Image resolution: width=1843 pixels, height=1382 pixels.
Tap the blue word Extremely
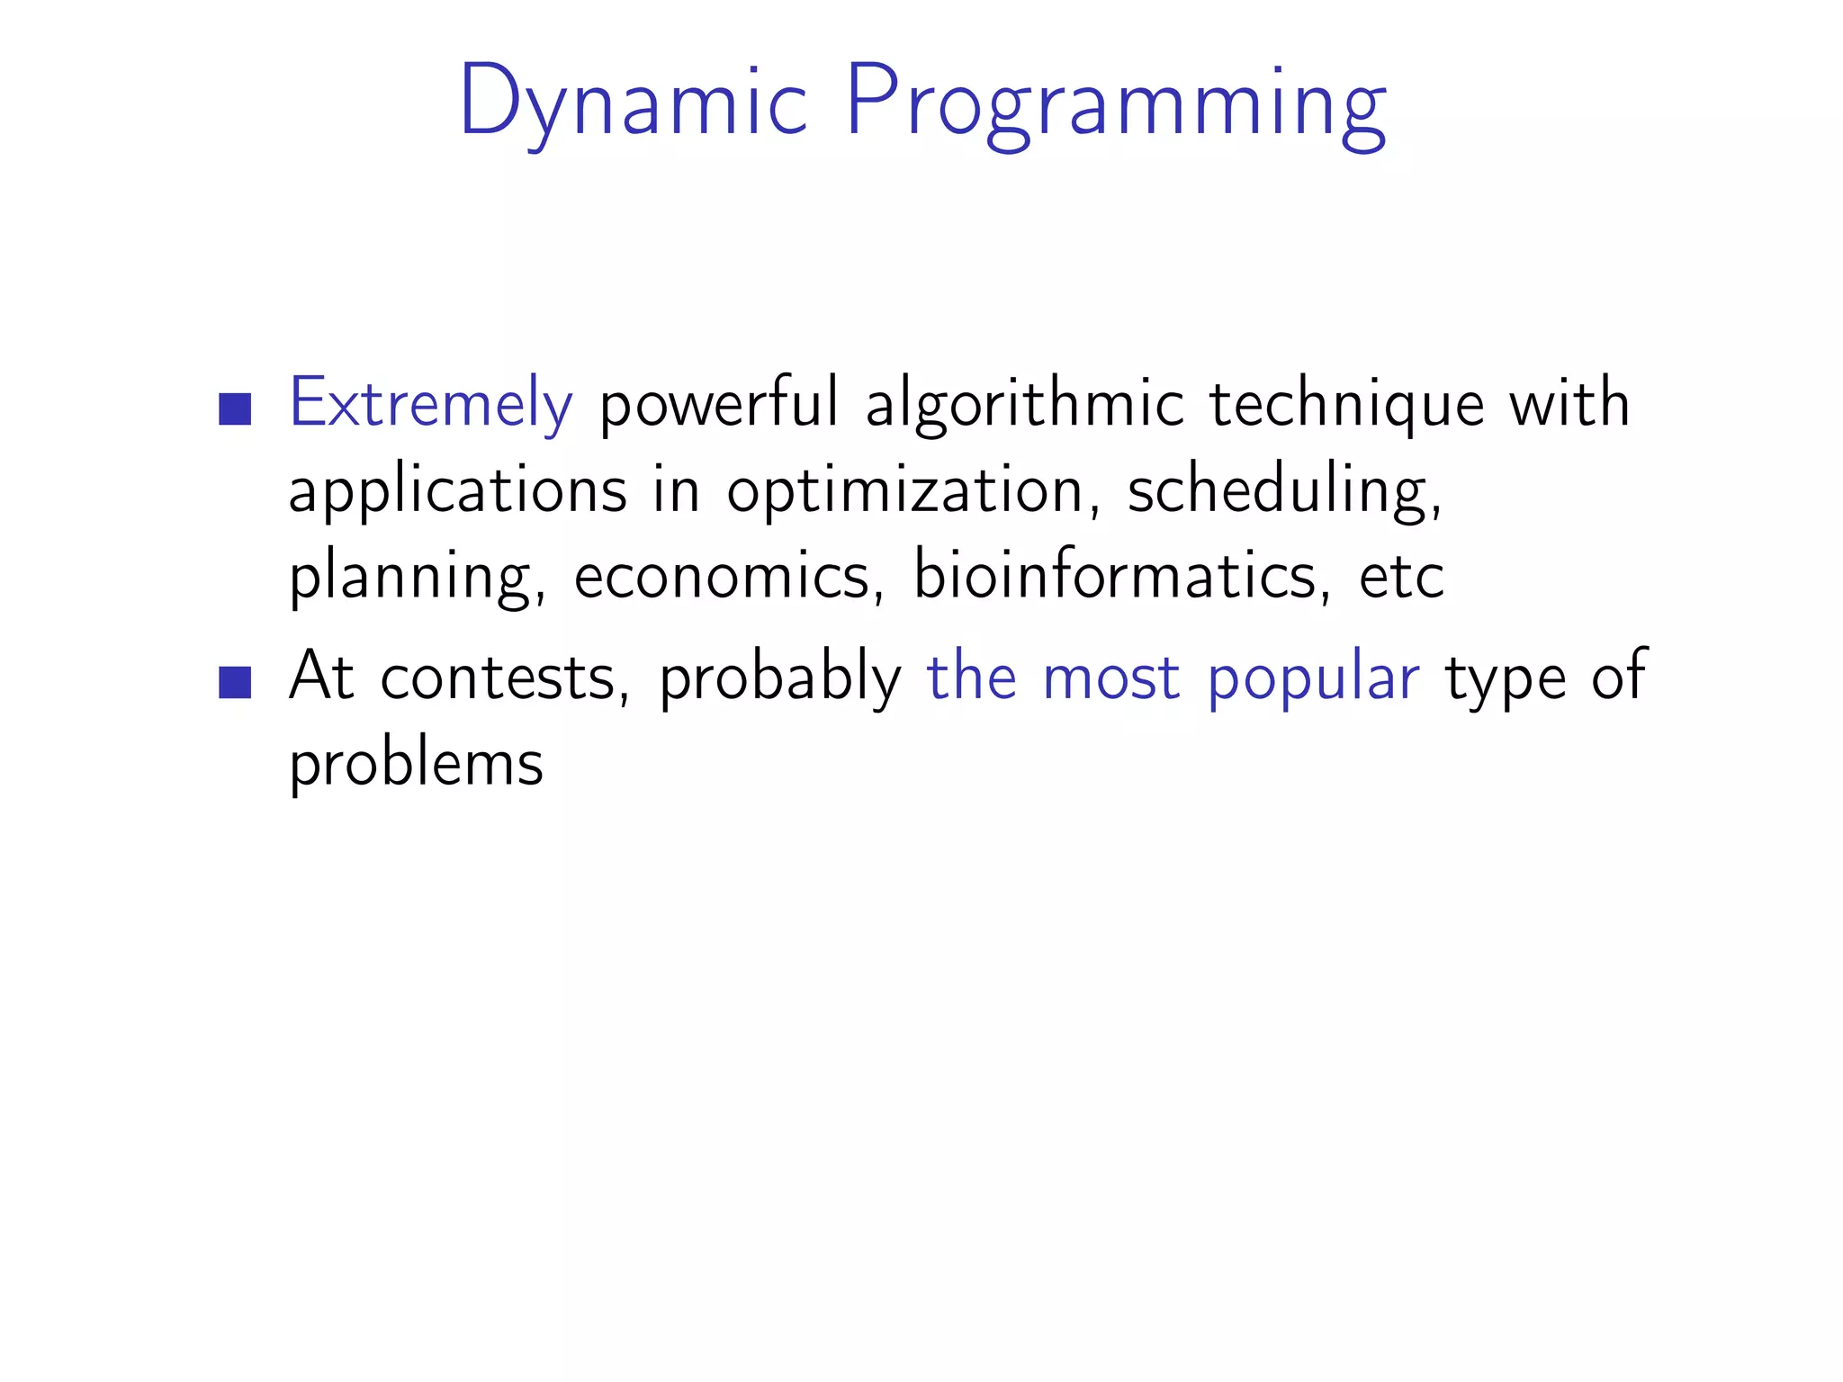tap(430, 404)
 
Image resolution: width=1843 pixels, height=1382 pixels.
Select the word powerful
tap(718, 404)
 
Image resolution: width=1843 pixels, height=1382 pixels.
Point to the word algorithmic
tap(1024, 404)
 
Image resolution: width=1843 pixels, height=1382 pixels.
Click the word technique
tap(1345, 404)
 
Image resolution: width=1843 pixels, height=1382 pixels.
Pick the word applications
tap(457, 491)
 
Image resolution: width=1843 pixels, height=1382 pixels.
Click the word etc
tap(1401, 577)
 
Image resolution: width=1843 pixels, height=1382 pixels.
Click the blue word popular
tap(1313, 678)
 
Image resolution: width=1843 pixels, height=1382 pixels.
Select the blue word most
tap(1110, 678)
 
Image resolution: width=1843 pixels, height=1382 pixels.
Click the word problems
tap(416, 764)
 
